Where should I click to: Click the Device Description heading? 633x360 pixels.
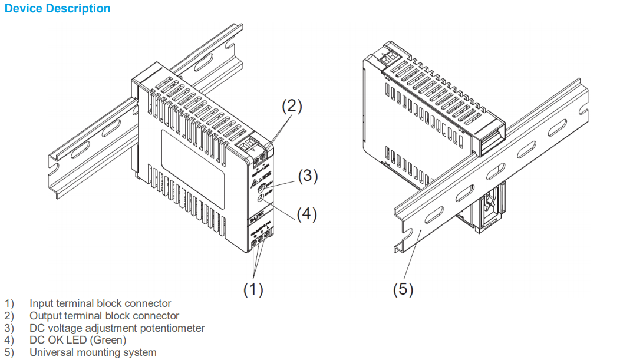click(57, 9)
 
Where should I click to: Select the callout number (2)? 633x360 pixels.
click(292, 106)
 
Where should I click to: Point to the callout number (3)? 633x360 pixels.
click(308, 176)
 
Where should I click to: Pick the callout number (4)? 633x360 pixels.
click(306, 214)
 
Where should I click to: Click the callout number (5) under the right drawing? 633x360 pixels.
click(403, 289)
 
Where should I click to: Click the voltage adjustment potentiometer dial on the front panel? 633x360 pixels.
click(262, 189)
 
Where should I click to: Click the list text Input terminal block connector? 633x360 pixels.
click(100, 304)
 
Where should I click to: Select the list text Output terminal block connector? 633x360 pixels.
click(104, 316)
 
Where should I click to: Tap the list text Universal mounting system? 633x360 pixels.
click(93, 352)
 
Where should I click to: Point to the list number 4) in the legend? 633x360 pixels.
click(9, 340)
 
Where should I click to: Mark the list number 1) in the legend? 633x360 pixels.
click(9, 304)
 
